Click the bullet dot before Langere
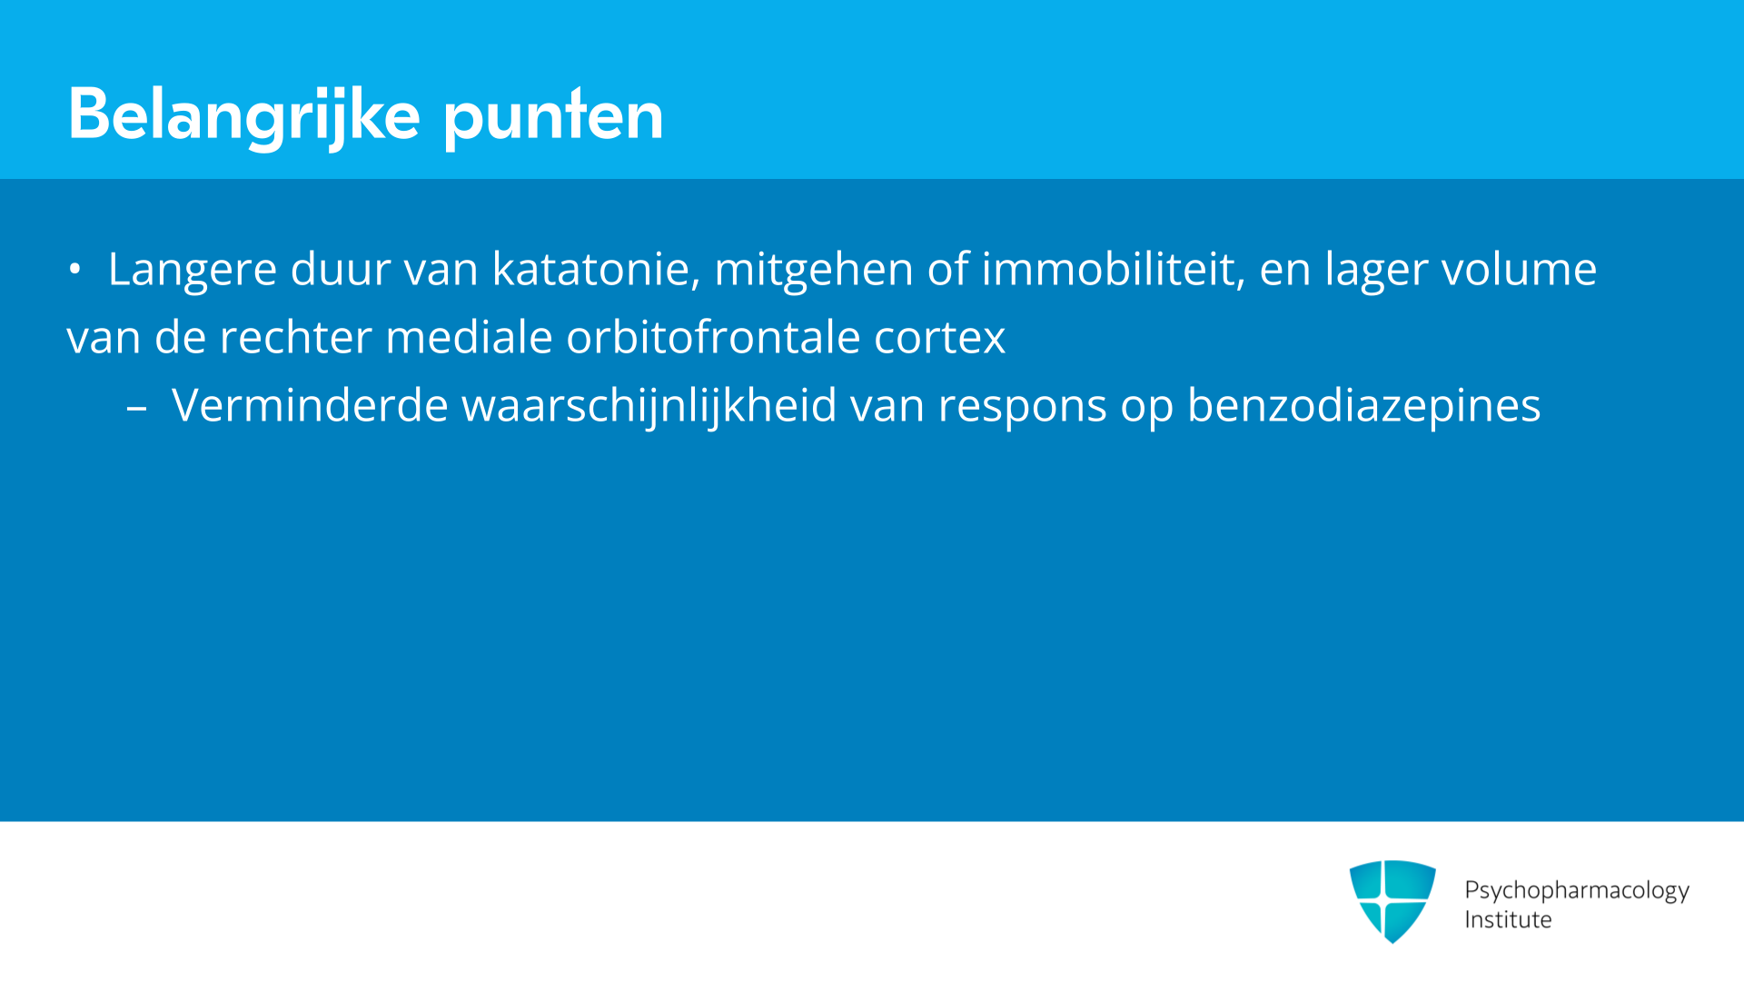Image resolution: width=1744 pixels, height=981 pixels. [x=74, y=269]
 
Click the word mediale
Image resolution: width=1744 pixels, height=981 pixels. [x=469, y=337]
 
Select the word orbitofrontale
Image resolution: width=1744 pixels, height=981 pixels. [x=713, y=337]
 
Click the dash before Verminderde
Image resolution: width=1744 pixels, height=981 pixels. [x=136, y=411]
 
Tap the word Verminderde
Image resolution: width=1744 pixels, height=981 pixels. [x=310, y=405]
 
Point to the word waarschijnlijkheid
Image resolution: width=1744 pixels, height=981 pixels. [x=649, y=406]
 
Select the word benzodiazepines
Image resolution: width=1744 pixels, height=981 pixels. [x=1364, y=406]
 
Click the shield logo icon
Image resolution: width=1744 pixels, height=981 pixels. [x=1392, y=901]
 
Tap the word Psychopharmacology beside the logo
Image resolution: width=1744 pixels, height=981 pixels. [x=1577, y=891]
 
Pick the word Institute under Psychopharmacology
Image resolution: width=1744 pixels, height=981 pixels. [x=1508, y=920]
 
